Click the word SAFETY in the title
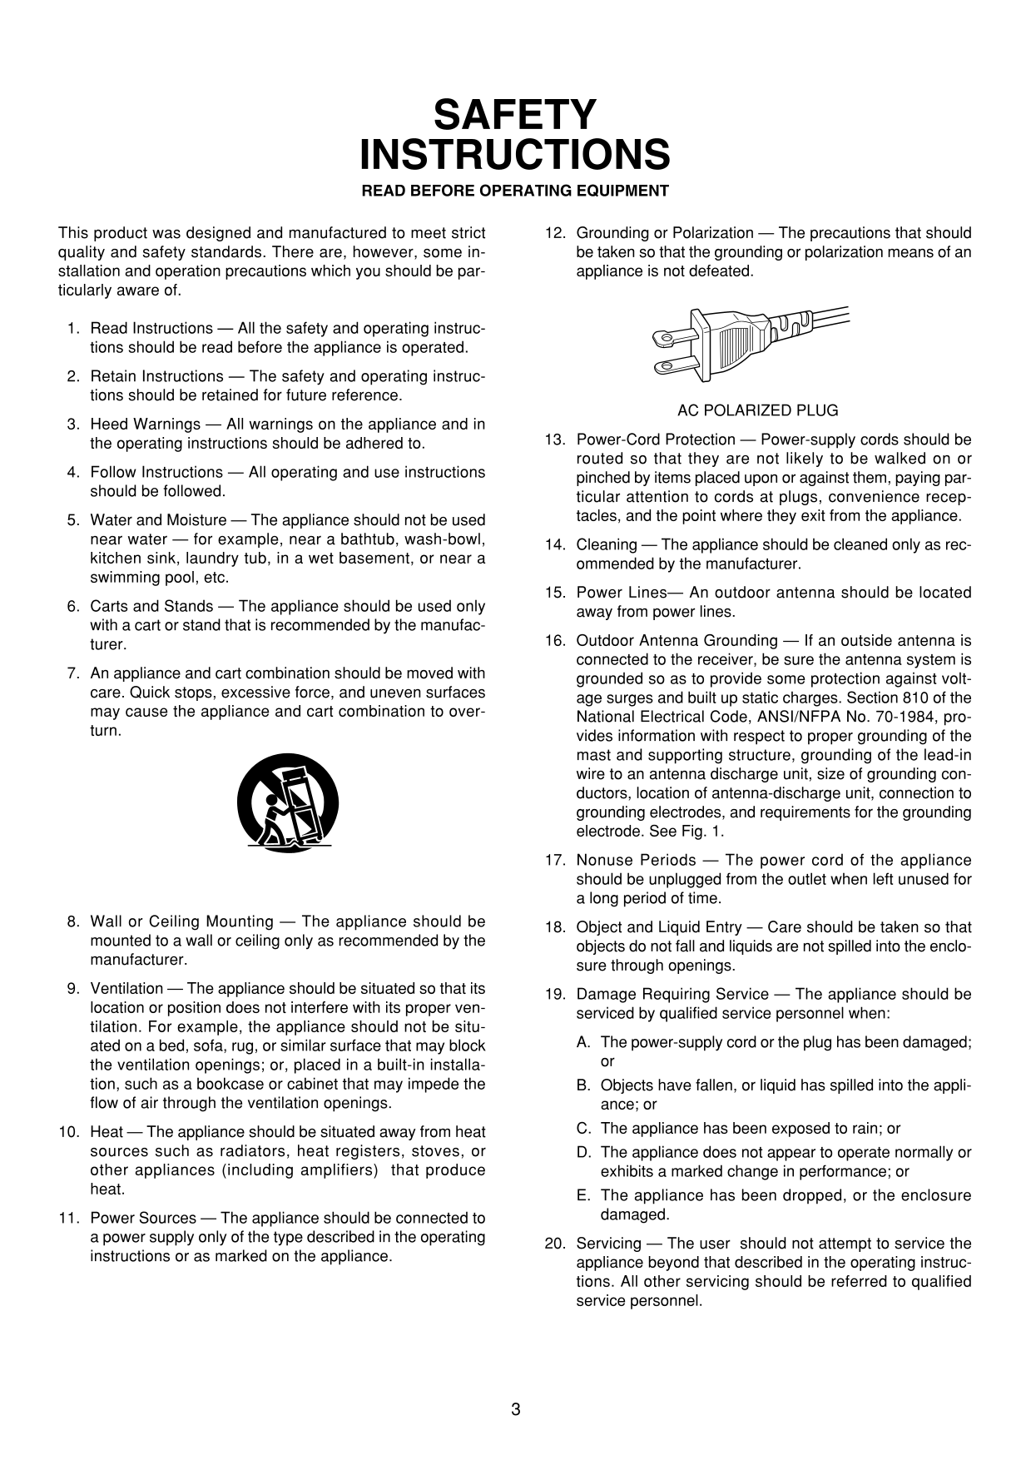click(515, 115)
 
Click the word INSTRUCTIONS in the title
click(515, 155)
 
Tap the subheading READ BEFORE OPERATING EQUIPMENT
click(514, 191)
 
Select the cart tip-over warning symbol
click(287, 801)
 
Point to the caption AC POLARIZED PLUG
click(757, 410)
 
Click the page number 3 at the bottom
click(516, 1409)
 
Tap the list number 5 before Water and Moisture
click(73, 520)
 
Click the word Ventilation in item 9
click(126, 989)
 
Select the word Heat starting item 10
click(106, 1132)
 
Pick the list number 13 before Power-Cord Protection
click(554, 439)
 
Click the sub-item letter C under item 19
click(583, 1129)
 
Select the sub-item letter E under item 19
click(583, 1196)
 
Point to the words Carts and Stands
click(151, 607)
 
